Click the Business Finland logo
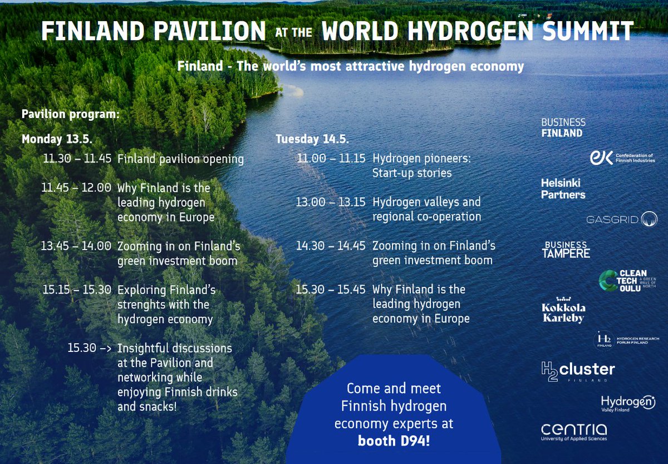pyautogui.click(x=563, y=128)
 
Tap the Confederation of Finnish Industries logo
pyautogui.click(x=622, y=158)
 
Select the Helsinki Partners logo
pyautogui.click(x=563, y=188)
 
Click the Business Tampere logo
pyautogui.click(x=566, y=250)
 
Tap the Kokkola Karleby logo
pyautogui.click(x=563, y=311)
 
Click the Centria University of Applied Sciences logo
pyautogui.click(x=573, y=432)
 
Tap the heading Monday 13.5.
pyautogui.click(x=56, y=139)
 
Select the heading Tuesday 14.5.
pyautogui.click(x=312, y=139)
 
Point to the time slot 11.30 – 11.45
pyautogui.click(x=77, y=159)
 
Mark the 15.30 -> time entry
pyautogui.click(x=89, y=348)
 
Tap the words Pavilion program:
pyautogui.click(x=70, y=114)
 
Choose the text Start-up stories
pyautogui.click(x=411, y=173)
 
